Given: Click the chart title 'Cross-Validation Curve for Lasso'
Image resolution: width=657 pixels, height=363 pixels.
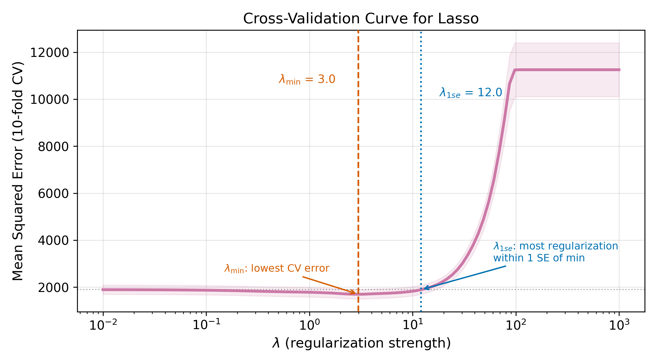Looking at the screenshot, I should pos(361,19).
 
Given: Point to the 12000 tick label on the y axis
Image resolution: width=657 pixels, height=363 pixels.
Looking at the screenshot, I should pos(50,53).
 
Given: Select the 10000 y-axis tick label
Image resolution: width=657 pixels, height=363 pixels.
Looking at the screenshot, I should pos(50,99).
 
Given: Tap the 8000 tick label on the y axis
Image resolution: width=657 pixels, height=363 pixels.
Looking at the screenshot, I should pos(53,147).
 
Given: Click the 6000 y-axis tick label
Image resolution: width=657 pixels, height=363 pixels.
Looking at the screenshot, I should pos(53,194).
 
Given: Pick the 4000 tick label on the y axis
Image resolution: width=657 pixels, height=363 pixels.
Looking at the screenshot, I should pos(53,240).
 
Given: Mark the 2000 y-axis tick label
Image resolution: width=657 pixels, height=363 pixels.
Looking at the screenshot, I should pos(53,288).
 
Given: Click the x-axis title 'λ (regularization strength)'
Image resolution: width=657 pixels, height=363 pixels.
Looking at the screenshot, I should pos(361,343).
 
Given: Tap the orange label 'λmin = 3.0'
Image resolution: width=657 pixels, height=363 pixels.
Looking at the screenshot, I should pos(307,79).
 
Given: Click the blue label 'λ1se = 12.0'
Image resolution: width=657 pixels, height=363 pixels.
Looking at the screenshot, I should pos(471,93).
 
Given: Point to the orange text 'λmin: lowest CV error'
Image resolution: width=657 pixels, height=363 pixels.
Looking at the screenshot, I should pos(277,268).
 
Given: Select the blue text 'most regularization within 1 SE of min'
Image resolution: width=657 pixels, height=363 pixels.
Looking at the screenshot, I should pos(555,252).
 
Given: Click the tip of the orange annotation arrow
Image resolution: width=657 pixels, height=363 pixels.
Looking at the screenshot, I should pos(355,293).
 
